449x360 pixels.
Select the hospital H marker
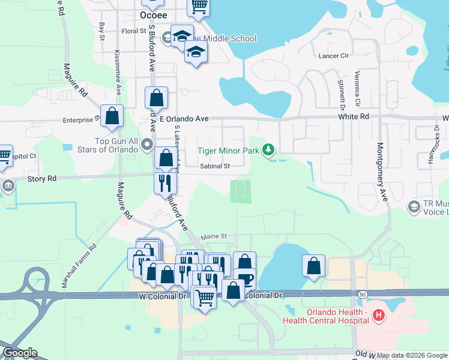(379, 314)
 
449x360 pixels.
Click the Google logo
(19, 353)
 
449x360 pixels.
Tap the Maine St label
(213, 237)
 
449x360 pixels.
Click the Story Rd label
(42, 178)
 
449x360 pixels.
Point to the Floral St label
(134, 31)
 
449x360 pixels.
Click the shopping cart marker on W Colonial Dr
(205, 296)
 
